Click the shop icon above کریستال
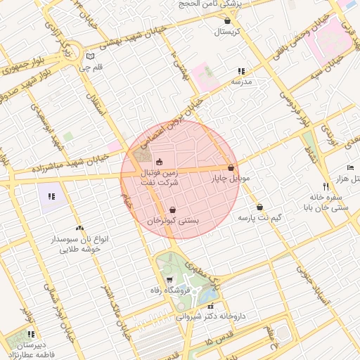pyautogui.click(x=226, y=21)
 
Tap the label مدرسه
pyautogui.click(x=241, y=82)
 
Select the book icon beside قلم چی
pyautogui.click(x=89, y=57)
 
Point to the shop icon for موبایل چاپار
pyautogui.click(x=231, y=168)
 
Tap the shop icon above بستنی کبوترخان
pyautogui.click(x=173, y=210)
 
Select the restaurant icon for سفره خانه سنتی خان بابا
pyautogui.click(x=326, y=186)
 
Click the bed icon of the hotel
pyautogui.click(x=350, y=168)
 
